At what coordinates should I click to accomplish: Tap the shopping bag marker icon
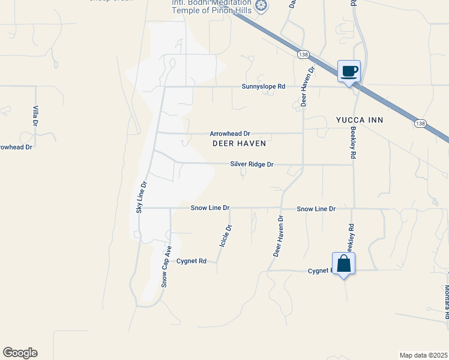(343, 264)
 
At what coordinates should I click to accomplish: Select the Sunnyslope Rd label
(264, 86)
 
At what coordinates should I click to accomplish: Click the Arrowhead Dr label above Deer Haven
(229, 134)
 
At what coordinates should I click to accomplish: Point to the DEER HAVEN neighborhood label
(239, 144)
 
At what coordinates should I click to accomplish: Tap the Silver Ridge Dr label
(252, 164)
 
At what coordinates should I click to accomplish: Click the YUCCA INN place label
(360, 121)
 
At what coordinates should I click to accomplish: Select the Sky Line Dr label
(141, 197)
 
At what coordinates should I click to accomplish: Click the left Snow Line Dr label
(210, 208)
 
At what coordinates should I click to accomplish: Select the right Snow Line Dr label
(316, 209)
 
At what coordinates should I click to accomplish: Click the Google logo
(20, 353)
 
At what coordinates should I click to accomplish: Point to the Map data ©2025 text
(423, 355)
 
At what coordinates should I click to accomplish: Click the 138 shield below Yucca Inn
(420, 124)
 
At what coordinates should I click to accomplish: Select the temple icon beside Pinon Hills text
(261, 7)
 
